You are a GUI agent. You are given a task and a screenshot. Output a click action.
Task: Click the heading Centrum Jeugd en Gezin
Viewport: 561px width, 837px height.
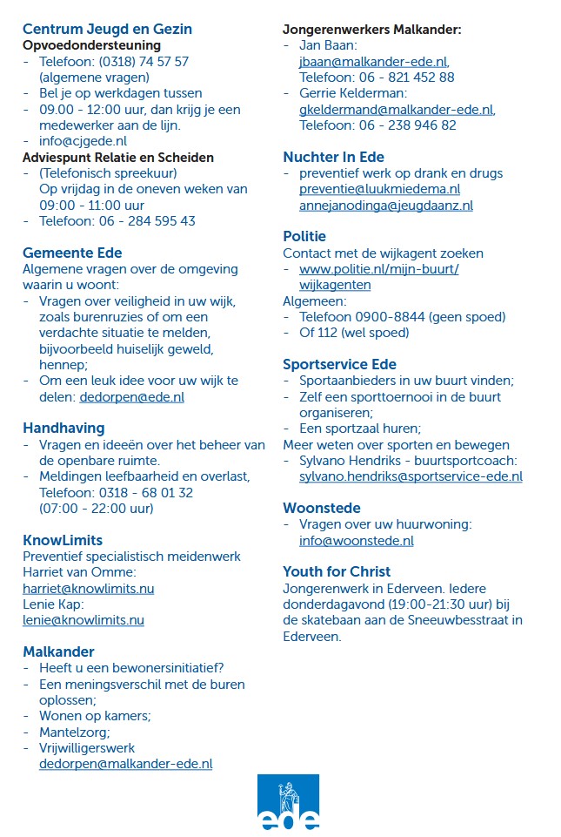pyautogui.click(x=107, y=29)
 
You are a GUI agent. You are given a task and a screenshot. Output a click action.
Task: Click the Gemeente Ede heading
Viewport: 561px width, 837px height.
pyautogui.click(x=72, y=253)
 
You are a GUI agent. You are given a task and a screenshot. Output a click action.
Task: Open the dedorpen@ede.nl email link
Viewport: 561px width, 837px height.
pyautogui.click(x=131, y=397)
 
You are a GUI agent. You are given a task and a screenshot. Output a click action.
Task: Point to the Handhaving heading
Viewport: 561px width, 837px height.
pyautogui.click(x=63, y=428)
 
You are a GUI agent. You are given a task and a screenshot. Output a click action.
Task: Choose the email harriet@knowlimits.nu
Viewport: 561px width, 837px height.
pyautogui.click(x=88, y=589)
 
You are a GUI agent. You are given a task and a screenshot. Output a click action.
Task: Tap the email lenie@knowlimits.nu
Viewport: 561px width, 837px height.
pyautogui.click(x=83, y=620)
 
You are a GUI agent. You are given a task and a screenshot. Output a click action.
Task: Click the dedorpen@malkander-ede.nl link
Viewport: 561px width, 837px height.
pyautogui.click(x=125, y=764)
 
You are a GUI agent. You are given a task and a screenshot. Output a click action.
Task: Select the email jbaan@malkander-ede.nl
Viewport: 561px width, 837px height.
pyautogui.click(x=372, y=62)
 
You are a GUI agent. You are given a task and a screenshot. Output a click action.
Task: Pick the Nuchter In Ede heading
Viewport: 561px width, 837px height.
pyautogui.click(x=333, y=157)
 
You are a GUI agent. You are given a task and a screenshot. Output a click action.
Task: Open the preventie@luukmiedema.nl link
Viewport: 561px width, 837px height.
pyautogui.click(x=379, y=189)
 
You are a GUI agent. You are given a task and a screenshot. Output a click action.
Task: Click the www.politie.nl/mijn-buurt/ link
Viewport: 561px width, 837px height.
pyautogui.click(x=378, y=269)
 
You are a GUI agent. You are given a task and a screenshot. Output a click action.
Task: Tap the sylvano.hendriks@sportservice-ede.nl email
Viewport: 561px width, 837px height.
pyautogui.click(x=411, y=476)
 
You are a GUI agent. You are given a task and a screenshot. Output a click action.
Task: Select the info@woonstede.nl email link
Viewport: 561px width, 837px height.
pyautogui.click(x=356, y=540)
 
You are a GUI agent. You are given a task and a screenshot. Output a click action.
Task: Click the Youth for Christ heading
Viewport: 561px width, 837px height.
pyautogui.click(x=337, y=571)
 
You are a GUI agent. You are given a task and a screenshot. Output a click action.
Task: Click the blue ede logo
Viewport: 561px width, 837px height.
pyautogui.click(x=288, y=802)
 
